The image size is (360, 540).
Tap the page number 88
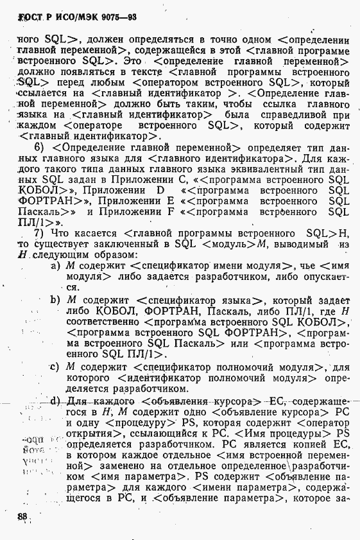click(23, 516)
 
